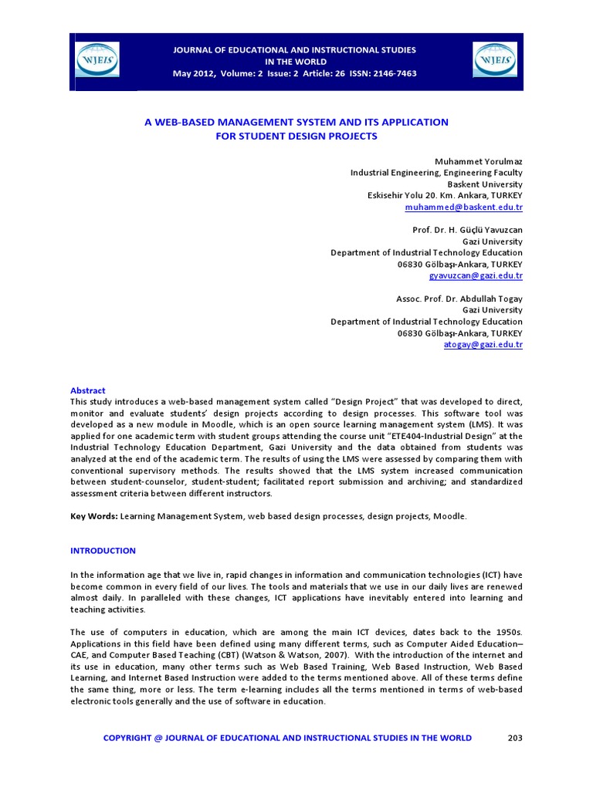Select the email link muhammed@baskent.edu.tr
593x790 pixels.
(x=463, y=208)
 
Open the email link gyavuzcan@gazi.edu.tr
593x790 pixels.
(x=476, y=275)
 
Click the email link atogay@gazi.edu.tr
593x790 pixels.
(x=483, y=344)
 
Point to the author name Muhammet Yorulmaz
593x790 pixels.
(x=479, y=162)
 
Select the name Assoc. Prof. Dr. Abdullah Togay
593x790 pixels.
(x=459, y=299)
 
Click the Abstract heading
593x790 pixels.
(x=87, y=390)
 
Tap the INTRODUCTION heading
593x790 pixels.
(x=103, y=551)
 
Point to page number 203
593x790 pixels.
(x=515, y=738)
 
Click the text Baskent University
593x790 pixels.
(x=485, y=184)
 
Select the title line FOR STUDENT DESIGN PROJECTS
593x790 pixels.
(x=296, y=136)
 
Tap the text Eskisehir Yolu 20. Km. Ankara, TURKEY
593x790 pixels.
(x=445, y=196)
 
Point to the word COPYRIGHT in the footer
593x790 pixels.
(x=127, y=738)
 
